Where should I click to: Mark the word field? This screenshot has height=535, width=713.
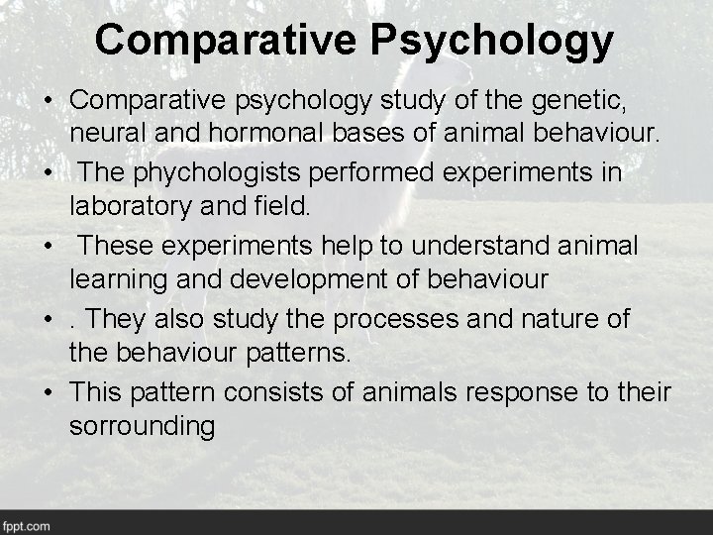point(285,206)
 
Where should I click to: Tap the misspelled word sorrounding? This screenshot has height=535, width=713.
point(143,427)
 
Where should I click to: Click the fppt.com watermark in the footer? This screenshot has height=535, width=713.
point(27,525)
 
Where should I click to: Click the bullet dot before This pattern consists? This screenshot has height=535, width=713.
point(48,392)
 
